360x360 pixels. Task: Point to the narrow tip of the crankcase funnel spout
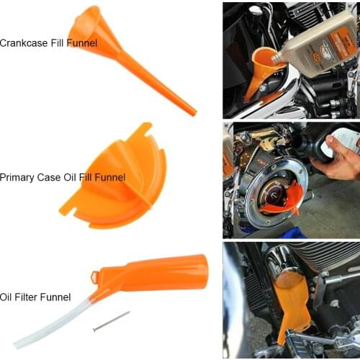click(192, 112)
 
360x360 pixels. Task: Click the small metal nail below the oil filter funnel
click(111, 321)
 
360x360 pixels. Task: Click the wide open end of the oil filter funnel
click(199, 270)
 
